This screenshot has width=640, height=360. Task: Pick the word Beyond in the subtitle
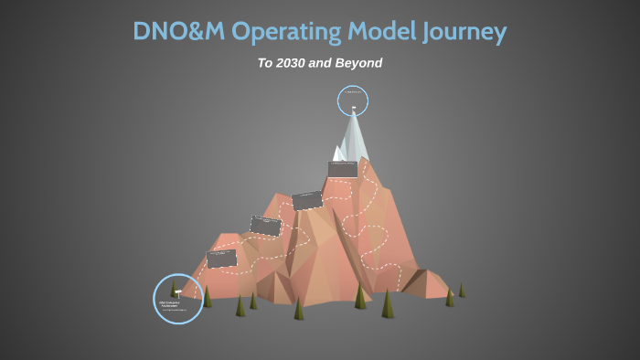[357, 64]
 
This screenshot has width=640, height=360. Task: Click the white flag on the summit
[353, 111]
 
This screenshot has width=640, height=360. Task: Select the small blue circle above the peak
[352, 100]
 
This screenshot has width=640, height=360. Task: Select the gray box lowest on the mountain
[221, 259]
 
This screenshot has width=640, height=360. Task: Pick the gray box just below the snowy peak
[342, 169]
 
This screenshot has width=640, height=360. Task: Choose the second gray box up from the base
[265, 226]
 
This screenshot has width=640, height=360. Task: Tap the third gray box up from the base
[307, 200]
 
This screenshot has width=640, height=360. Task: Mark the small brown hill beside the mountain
[426, 282]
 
